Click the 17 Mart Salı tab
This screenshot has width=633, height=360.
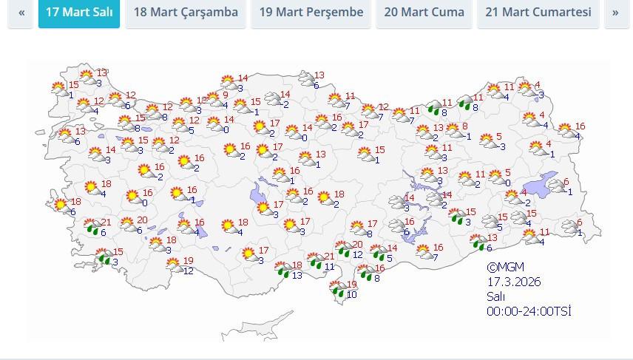(79, 13)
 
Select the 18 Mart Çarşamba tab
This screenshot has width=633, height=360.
(186, 13)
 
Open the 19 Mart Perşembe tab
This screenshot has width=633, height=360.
(311, 13)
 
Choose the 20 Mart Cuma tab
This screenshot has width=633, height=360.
(424, 13)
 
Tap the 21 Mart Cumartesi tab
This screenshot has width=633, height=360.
(538, 13)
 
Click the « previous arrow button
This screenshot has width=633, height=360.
(21, 13)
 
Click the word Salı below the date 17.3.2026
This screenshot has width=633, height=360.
(495, 296)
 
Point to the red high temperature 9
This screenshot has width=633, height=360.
(225, 95)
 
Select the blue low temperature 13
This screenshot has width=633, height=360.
(297, 276)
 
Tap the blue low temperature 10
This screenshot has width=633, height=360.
(351, 295)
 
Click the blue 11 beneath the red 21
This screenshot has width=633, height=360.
(329, 267)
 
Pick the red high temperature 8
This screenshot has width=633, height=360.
(464, 126)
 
